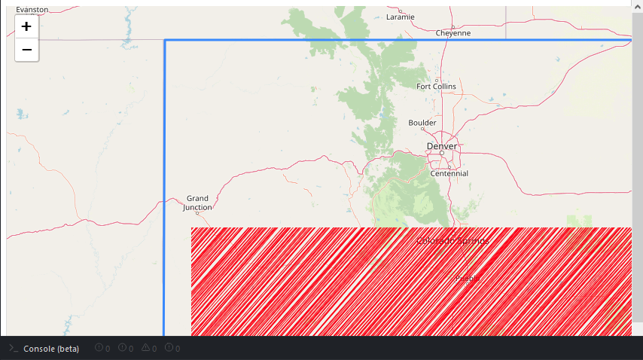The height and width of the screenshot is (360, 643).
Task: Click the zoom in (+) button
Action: tap(26, 26)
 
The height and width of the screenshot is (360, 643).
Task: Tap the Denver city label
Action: tap(442, 145)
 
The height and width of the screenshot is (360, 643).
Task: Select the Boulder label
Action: tap(422, 122)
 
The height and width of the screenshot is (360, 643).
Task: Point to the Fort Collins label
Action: tap(436, 86)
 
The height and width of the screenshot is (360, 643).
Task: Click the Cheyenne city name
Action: tap(453, 33)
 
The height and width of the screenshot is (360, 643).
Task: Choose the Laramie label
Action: tap(400, 17)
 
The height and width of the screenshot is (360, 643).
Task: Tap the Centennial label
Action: tap(449, 173)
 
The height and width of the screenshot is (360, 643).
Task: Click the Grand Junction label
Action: tap(198, 203)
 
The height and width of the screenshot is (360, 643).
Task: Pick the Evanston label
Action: tap(32, 10)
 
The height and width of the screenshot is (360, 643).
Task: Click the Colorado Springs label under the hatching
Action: tap(453, 241)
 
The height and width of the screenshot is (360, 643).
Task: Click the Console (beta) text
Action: tap(51, 348)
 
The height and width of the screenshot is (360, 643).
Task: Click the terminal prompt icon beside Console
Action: tap(13, 348)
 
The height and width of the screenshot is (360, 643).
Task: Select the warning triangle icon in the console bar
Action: tap(146, 348)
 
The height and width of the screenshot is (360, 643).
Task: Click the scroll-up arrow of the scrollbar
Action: tap(637, 4)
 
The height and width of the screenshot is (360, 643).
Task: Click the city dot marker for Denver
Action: tap(442, 153)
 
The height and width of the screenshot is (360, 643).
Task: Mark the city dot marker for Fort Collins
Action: tap(437, 80)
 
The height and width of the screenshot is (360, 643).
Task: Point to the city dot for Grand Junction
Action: tap(197, 213)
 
